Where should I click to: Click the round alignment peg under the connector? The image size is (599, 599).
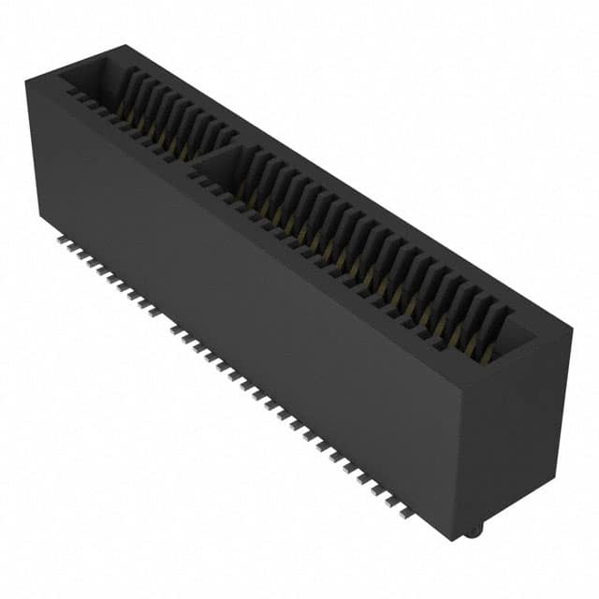(475, 531)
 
